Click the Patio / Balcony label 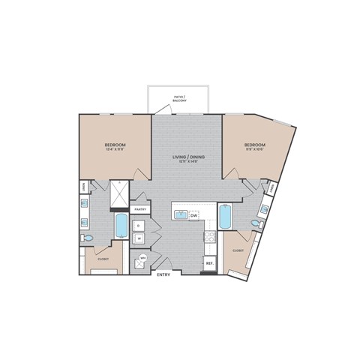[179, 98]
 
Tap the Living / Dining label [188, 156]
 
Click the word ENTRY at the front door [164, 274]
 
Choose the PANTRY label [139, 210]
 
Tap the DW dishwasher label [193, 215]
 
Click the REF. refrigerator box [210, 263]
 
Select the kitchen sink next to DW [181, 215]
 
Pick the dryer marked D [139, 226]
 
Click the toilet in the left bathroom [88, 238]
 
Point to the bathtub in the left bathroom [120, 224]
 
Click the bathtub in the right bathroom [225, 218]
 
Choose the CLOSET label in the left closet [103, 259]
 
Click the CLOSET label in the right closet [238, 250]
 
